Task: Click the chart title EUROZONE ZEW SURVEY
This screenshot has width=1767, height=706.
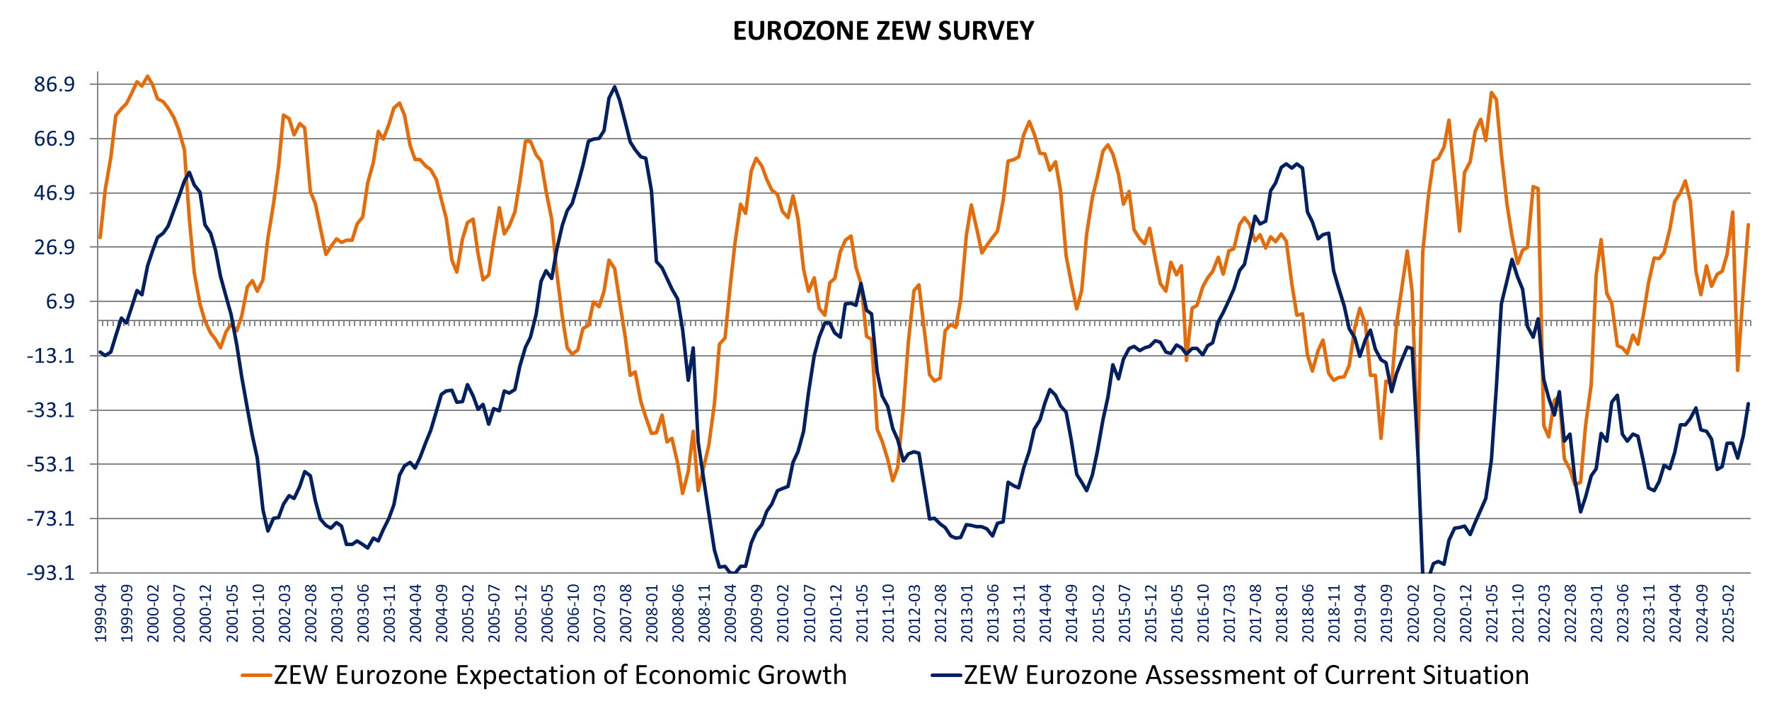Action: click(x=883, y=31)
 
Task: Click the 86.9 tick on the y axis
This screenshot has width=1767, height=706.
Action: click(x=54, y=85)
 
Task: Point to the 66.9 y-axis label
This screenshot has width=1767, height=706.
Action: click(x=54, y=139)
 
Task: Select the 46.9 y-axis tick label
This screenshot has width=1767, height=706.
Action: click(x=54, y=193)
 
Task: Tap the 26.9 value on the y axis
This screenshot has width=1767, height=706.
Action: click(x=54, y=248)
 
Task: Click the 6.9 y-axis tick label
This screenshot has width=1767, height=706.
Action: click(x=60, y=302)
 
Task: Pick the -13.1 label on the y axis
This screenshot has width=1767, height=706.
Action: click(x=51, y=356)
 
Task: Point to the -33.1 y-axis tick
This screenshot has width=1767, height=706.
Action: click(x=51, y=410)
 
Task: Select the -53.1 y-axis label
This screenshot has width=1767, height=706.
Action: click(x=51, y=465)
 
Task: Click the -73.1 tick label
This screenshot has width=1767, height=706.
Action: click(x=51, y=519)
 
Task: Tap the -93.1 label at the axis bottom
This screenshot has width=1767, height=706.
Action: click(x=51, y=573)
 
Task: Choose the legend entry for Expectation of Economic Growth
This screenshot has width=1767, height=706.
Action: click(x=559, y=676)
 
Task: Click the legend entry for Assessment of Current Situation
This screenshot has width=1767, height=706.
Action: click(x=1245, y=676)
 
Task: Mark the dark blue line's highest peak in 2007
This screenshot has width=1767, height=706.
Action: click(x=614, y=87)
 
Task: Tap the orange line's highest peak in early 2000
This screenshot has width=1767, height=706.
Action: click(x=147, y=76)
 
